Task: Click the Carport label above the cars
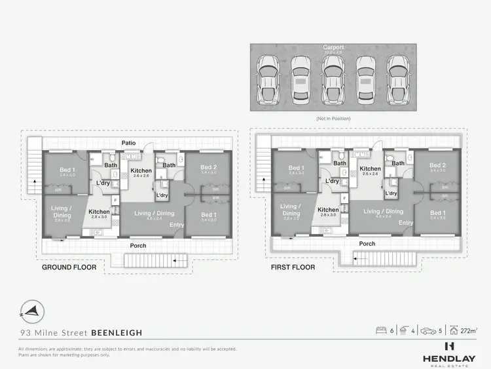point(333,48)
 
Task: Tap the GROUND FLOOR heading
point(69,267)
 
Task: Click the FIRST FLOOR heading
point(293,267)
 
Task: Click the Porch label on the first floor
point(367,244)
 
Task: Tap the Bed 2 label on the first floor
point(437,165)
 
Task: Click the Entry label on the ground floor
point(177,225)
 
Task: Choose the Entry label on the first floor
point(406,223)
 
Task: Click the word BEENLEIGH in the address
point(118,332)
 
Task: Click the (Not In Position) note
point(333,119)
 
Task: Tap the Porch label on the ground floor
point(137,246)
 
